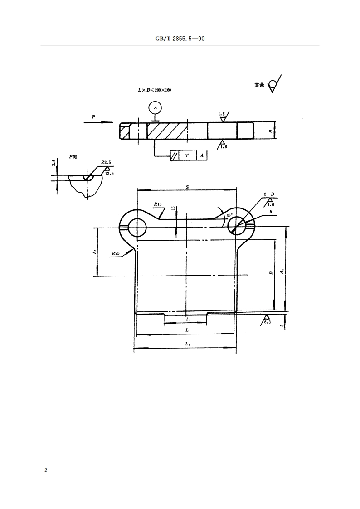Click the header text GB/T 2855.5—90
point(180,39)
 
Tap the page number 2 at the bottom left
point(45,470)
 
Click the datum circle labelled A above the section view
point(156,107)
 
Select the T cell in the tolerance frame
point(187,155)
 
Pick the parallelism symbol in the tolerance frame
point(175,155)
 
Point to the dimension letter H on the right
point(270,131)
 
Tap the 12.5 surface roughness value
point(109,173)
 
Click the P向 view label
point(73,156)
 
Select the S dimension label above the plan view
point(187,186)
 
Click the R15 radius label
point(157,204)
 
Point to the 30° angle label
point(229,215)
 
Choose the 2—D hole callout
point(269,194)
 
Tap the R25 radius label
point(116,253)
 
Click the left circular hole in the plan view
point(136,228)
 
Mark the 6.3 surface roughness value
point(267,323)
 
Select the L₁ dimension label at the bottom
point(187,344)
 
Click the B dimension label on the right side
point(271,273)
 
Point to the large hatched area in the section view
point(167,131)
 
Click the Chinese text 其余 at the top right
point(259,85)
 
